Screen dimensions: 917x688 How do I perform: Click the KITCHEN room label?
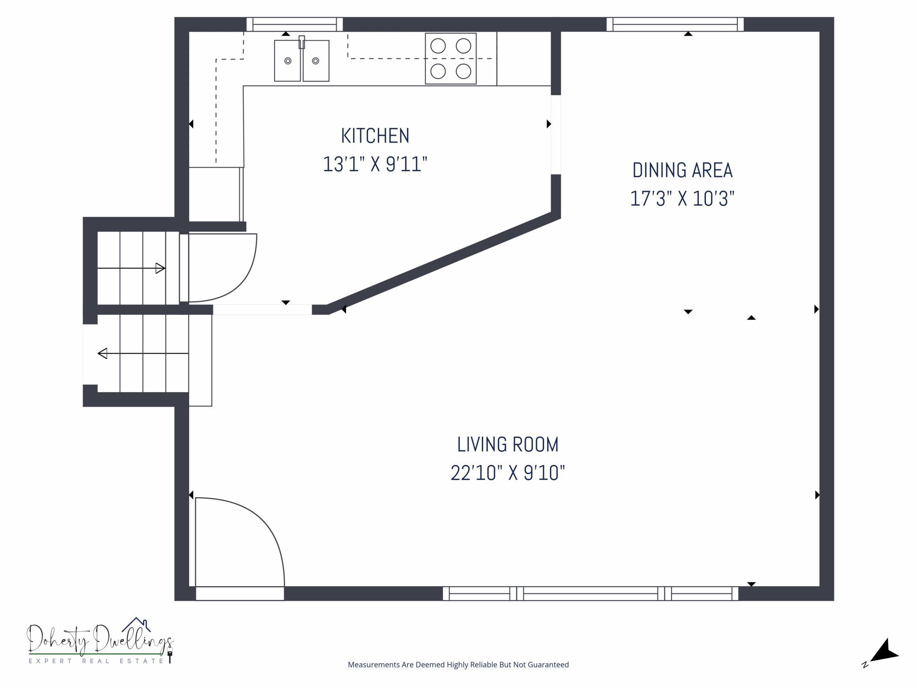375,136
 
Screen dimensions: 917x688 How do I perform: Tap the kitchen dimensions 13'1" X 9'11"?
375,165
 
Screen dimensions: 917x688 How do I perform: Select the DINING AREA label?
682,171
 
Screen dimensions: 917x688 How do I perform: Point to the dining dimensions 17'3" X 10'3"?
682,198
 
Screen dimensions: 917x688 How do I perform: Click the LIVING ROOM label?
508,445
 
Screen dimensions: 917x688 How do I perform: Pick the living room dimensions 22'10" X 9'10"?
508,473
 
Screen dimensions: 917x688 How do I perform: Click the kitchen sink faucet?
302,42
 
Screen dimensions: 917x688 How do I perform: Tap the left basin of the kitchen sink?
287,61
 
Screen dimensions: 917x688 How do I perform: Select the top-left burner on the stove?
438,46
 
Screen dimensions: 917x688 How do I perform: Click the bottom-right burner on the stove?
463,71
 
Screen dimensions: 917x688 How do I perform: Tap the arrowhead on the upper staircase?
160,268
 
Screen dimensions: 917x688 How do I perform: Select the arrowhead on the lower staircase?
102,353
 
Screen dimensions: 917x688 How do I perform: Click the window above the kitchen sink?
294,24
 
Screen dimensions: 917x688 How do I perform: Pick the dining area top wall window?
675,24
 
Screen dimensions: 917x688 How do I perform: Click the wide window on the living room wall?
591,594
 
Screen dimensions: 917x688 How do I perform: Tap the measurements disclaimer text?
458,665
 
